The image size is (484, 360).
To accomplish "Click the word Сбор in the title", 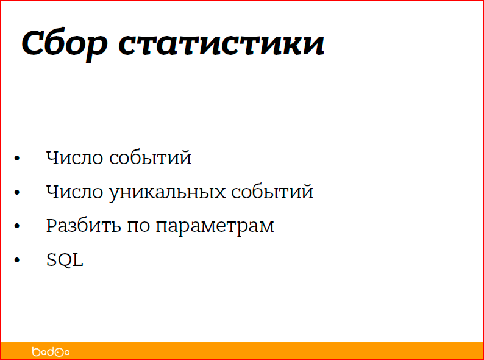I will tap(65, 44).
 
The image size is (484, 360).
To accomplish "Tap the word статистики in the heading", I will tap(221, 44).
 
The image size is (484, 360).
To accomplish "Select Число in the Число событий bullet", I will tap(75, 158).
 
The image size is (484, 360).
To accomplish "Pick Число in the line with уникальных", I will tap(75, 192).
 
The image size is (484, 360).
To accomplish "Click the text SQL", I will tap(65, 261).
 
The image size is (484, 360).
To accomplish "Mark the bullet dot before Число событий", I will tap(17, 159).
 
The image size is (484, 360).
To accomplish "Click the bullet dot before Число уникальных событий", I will tap(17, 193).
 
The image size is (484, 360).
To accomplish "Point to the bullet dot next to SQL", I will tap(17, 262).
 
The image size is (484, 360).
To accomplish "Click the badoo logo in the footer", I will tap(51, 351).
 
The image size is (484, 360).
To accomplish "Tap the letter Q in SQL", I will tap(65, 261).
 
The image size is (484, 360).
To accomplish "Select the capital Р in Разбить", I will tap(51, 226).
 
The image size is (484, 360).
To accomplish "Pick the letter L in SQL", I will tap(77, 261).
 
